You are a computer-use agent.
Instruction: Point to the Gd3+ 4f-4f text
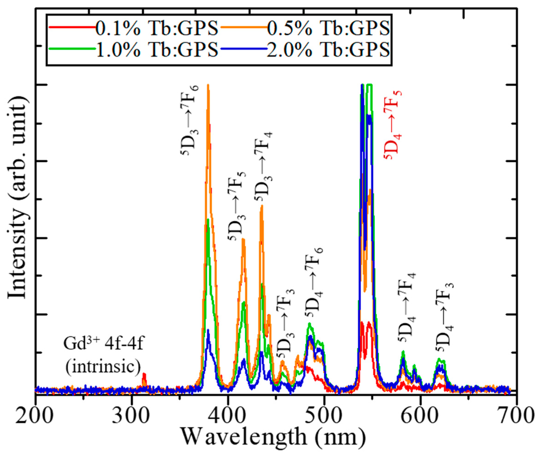coord(104,346)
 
